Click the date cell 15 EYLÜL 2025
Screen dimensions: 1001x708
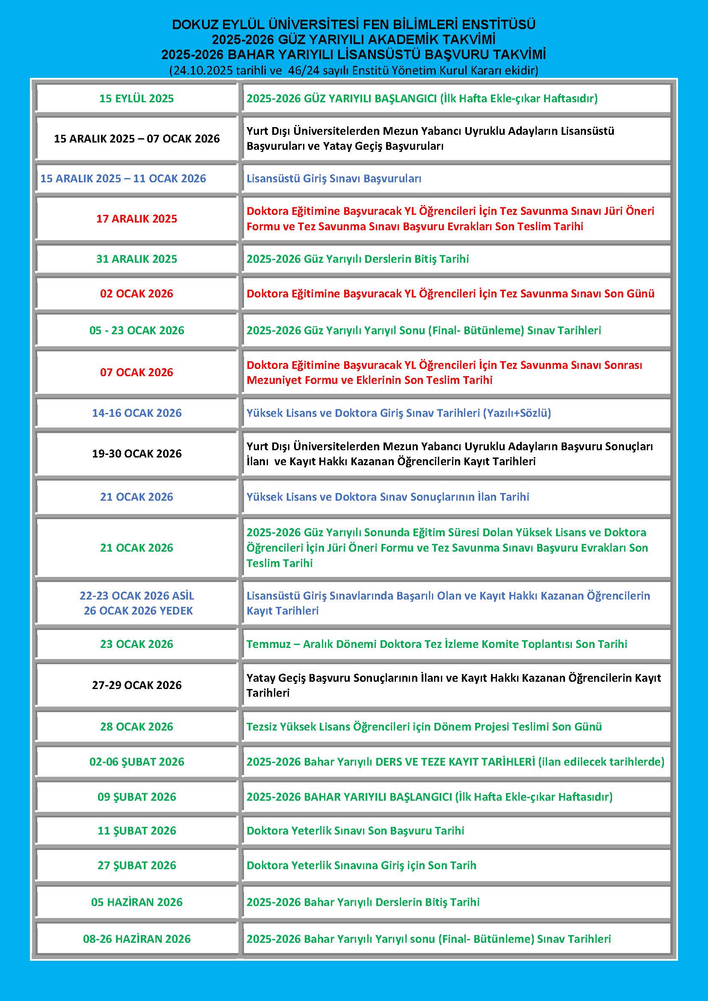point(137,98)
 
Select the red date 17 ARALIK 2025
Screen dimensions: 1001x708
point(137,219)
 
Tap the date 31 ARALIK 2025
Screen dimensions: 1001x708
point(137,259)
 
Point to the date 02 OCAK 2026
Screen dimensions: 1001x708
point(137,294)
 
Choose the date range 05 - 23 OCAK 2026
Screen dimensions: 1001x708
point(137,330)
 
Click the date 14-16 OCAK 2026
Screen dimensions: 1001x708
point(137,413)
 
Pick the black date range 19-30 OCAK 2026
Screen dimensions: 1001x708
point(137,454)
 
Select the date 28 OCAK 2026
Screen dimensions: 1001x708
point(137,727)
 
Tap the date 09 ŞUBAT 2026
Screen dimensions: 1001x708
point(137,797)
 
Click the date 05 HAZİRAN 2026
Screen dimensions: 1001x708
point(137,902)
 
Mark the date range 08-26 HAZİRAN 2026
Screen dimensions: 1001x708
point(137,939)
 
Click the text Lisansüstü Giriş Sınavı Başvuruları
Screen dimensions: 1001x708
point(333,179)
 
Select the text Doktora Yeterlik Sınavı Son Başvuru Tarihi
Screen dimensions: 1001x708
point(355,831)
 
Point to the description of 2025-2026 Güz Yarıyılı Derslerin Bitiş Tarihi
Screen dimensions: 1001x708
point(357,259)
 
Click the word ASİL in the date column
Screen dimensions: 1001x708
point(182,596)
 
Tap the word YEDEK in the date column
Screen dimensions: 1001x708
point(176,611)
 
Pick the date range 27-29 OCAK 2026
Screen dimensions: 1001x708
point(137,685)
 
